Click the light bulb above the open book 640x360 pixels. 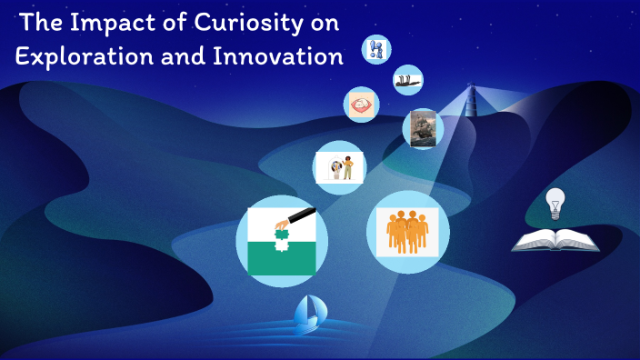554,204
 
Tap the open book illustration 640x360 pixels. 555,240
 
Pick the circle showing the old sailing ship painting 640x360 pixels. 423,128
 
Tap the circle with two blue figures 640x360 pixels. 375,50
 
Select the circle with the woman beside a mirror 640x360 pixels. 339,167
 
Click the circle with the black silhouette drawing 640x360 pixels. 407,80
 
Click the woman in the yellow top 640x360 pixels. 347,169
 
